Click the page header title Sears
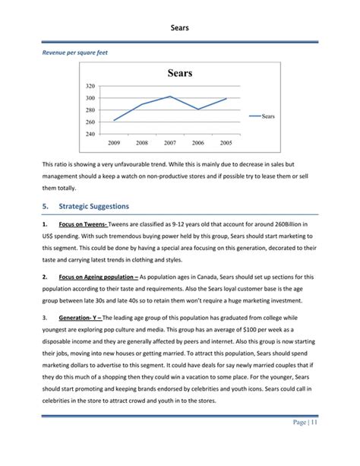click(180, 28)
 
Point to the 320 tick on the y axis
click(90, 87)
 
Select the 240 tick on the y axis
click(90, 134)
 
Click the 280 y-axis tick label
click(90, 110)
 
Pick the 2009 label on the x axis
click(115, 143)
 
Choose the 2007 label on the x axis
click(170, 143)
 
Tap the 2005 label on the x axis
click(226, 143)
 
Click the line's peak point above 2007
click(170, 97)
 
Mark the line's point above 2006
click(198, 109)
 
